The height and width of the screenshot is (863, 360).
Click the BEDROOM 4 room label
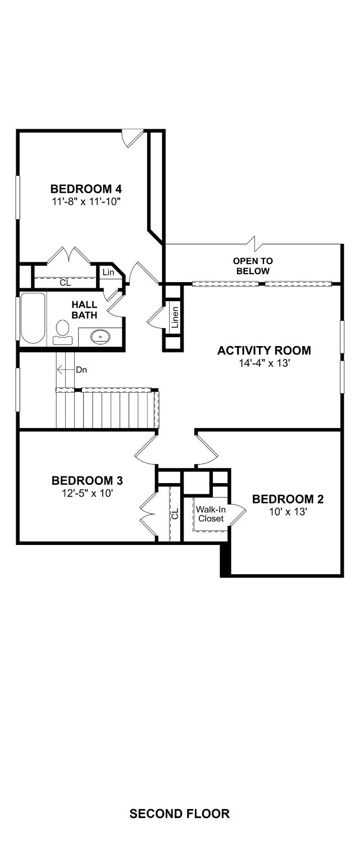click(x=86, y=189)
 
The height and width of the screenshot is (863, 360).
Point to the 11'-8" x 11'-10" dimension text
click(x=86, y=201)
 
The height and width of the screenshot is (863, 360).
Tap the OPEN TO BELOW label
click(x=253, y=266)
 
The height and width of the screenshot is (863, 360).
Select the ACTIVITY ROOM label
click(x=264, y=351)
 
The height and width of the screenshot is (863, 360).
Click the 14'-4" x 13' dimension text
click(x=264, y=363)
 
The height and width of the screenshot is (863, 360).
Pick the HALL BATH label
click(x=84, y=310)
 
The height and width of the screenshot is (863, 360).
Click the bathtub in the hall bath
click(x=33, y=318)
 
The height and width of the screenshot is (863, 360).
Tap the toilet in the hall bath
click(x=62, y=333)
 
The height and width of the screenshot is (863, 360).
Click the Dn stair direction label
click(x=81, y=370)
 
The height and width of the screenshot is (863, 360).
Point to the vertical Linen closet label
click(x=175, y=317)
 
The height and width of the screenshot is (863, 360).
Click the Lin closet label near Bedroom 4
click(x=108, y=272)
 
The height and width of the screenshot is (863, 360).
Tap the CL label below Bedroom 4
click(x=66, y=283)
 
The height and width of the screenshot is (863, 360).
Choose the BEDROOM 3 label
click(x=87, y=480)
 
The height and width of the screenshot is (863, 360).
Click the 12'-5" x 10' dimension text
click(x=87, y=493)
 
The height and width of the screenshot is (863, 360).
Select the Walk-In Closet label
click(x=211, y=514)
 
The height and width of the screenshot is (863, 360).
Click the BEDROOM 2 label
click(x=288, y=499)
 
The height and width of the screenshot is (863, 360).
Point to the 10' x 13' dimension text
click(x=288, y=512)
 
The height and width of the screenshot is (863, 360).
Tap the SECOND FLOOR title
click(x=179, y=814)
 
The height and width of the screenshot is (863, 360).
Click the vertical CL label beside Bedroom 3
click(x=175, y=514)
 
